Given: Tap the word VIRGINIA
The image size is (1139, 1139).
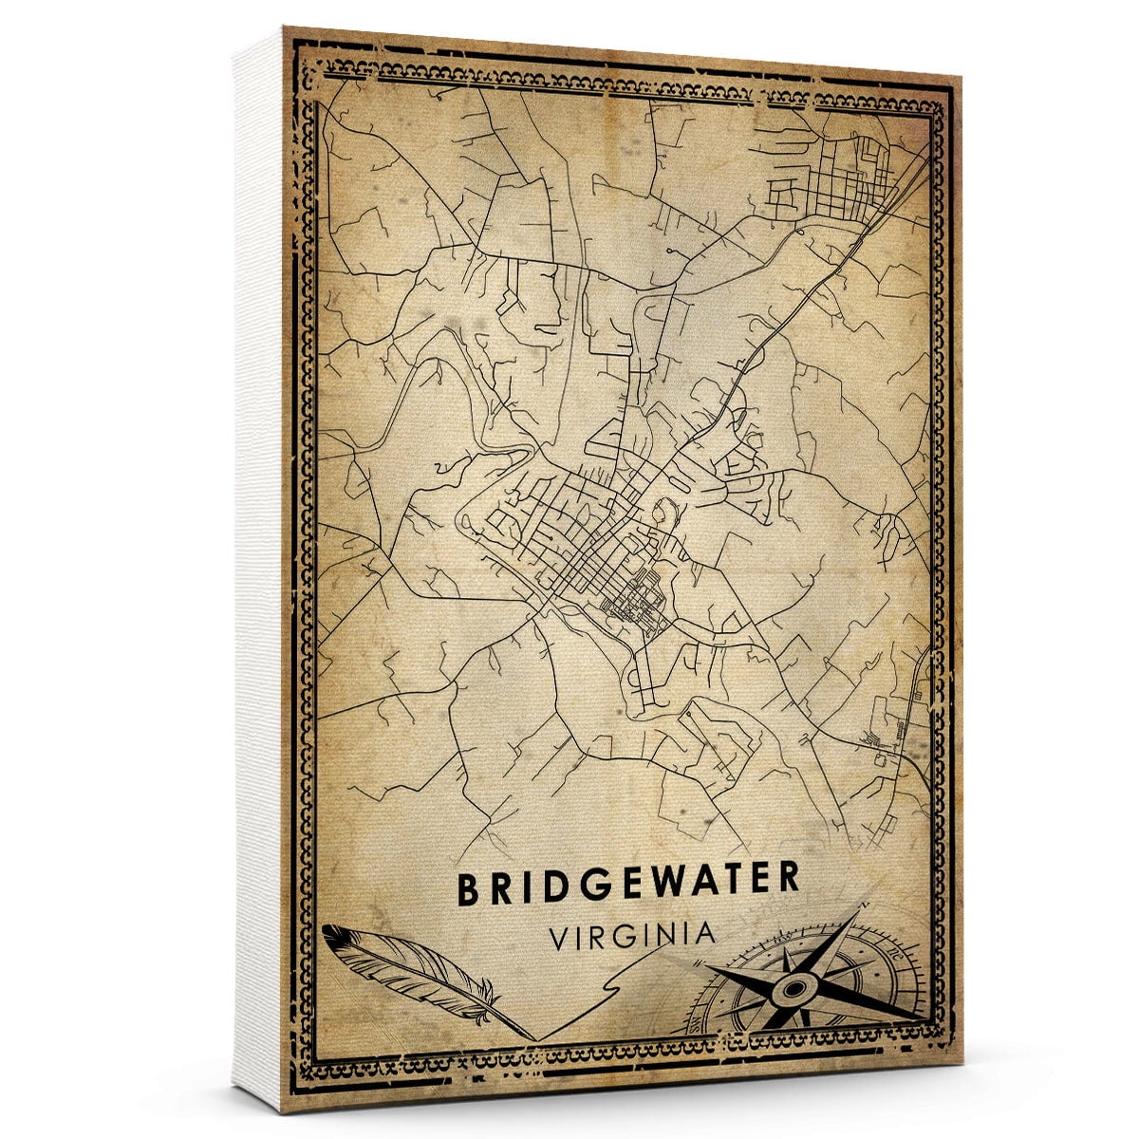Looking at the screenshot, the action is (x=632, y=935).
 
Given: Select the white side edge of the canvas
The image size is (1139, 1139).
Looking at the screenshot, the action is (x=258, y=569).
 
